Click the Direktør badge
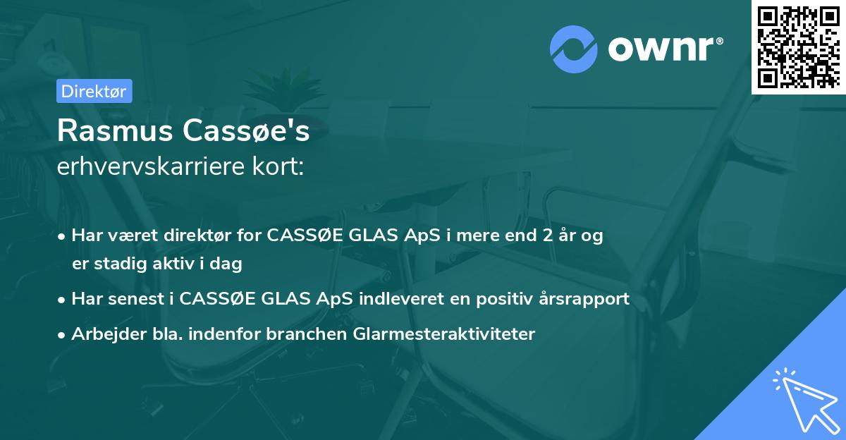point(94,91)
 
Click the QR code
point(798,47)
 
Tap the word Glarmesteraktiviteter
point(442,334)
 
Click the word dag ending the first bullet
point(228,264)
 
